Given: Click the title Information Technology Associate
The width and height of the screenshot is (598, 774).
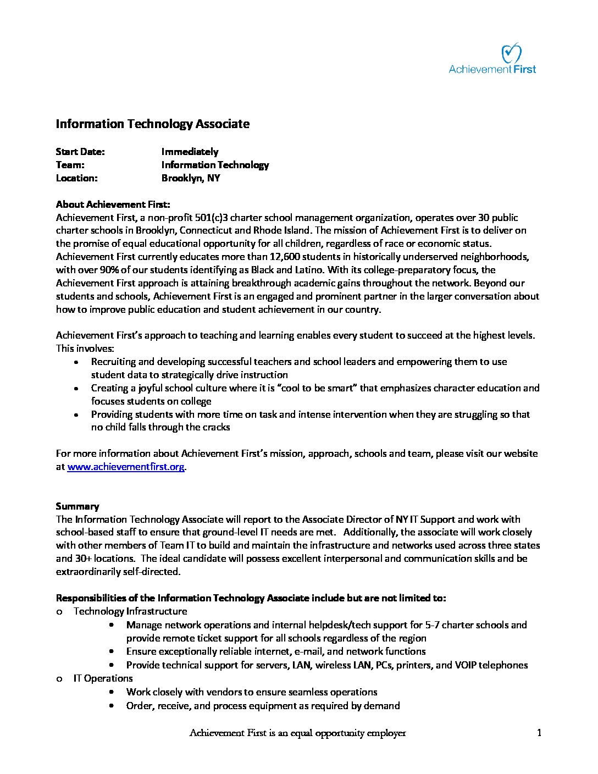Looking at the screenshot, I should (152, 124).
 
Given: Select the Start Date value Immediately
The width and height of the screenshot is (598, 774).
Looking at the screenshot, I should (190, 152).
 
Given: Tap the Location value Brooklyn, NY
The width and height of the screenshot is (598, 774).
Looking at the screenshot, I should (190, 178).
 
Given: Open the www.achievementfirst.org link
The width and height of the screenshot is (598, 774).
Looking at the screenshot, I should (126, 467).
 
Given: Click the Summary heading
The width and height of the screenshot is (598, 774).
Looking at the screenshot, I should (77, 506).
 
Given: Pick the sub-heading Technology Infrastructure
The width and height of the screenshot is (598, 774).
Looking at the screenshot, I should (130, 611).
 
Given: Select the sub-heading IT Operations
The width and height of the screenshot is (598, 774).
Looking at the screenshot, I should (103, 678).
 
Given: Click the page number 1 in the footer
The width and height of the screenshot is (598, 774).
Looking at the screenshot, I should (539, 733).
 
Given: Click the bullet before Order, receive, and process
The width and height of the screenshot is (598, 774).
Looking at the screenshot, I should (112, 706).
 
